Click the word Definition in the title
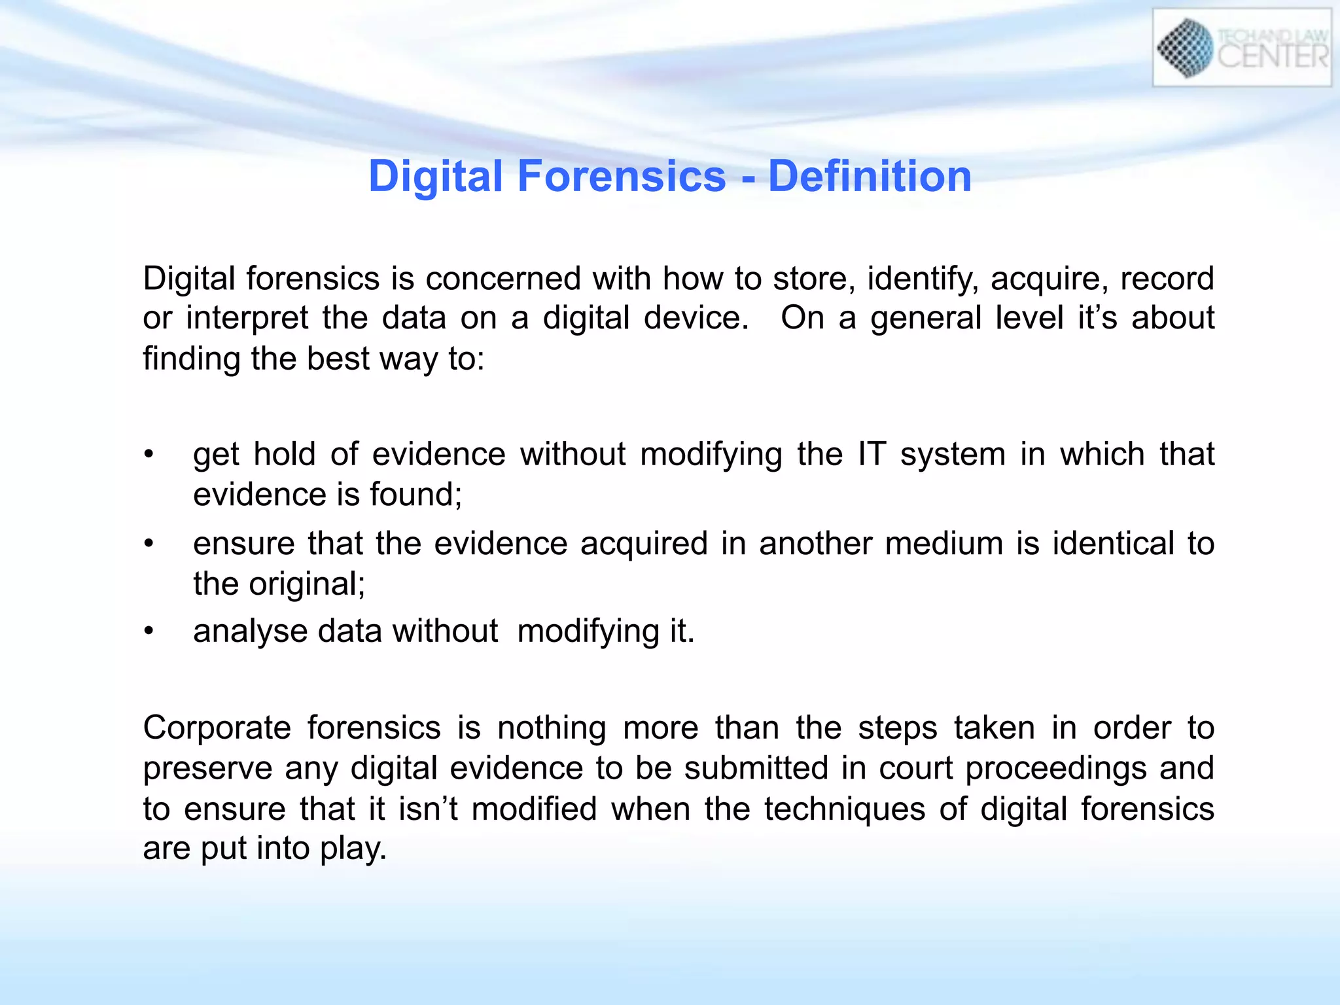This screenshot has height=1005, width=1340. click(x=870, y=177)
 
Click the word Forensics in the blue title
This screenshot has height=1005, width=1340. click(x=622, y=177)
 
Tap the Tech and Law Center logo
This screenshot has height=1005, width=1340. click(x=1241, y=48)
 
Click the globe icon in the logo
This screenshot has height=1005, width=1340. click(x=1185, y=48)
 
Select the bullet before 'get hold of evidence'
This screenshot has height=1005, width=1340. click(x=149, y=454)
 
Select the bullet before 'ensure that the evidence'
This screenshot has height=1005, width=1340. click(x=149, y=543)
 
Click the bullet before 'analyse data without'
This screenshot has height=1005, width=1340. click(x=149, y=631)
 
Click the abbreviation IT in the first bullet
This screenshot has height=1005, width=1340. click(x=872, y=454)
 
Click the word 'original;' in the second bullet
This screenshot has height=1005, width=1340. click(x=307, y=584)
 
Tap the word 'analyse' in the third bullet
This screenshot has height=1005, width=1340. click(x=250, y=632)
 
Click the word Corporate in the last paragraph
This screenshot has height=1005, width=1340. click(x=217, y=728)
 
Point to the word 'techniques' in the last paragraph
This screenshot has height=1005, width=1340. click(x=845, y=809)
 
